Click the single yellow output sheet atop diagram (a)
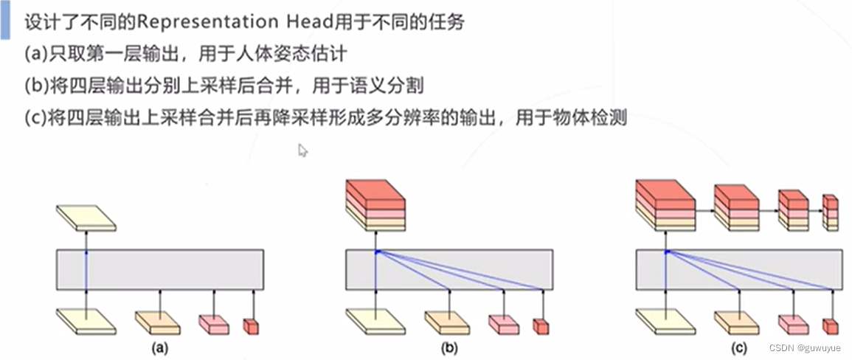[86, 218]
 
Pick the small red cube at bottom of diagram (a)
[252, 325]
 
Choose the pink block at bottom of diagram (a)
[214, 323]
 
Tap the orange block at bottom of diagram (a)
[158, 321]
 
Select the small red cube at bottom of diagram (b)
[541, 325]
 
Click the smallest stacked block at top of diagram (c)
[831, 212]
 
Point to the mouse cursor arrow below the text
[302, 150]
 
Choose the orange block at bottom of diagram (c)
[737, 321]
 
